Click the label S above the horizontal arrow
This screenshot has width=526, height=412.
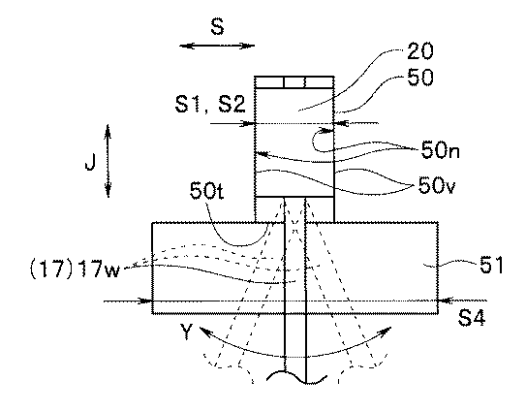click(x=217, y=27)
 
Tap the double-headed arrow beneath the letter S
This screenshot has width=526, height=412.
click(x=217, y=46)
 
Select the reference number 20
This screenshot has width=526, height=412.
click(x=420, y=51)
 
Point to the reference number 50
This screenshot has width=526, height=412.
click(x=420, y=78)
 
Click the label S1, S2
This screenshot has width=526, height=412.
click(x=210, y=104)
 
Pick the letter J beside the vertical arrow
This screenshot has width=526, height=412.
click(x=90, y=162)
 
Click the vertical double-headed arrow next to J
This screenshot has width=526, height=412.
click(x=108, y=161)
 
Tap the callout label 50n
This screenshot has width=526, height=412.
click(x=440, y=149)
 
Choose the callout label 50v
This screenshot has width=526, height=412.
click(x=437, y=185)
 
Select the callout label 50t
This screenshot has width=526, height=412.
click(x=206, y=191)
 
